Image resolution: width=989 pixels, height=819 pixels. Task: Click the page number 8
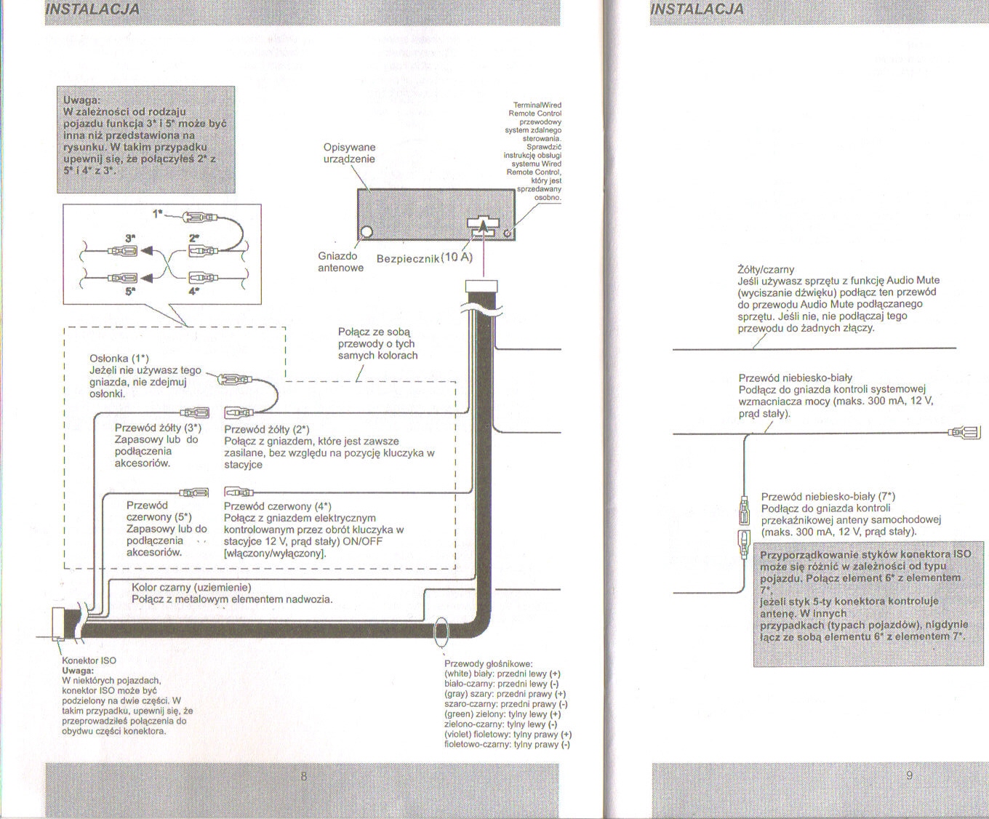(304, 776)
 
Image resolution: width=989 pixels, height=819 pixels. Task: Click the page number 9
(910, 775)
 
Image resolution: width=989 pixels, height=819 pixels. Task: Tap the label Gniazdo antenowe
(340, 262)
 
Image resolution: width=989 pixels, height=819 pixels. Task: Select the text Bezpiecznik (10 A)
(425, 259)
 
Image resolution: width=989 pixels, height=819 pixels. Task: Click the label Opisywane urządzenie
(349, 153)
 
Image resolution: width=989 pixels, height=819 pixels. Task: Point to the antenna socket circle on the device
(367, 232)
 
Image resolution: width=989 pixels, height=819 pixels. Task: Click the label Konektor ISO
(89, 660)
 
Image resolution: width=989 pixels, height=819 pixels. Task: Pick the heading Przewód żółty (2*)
(267, 429)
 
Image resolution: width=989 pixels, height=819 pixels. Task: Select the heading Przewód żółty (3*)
(158, 428)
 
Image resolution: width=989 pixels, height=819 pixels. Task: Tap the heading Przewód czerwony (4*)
(277, 506)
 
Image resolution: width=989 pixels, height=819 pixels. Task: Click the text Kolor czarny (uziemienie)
(191, 587)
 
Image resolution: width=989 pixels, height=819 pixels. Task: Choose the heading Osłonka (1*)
(119, 358)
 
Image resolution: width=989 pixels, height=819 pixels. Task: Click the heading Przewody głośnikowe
(488, 663)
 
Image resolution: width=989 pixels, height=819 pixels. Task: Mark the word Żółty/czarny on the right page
(766, 269)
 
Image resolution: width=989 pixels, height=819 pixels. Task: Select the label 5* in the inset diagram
(129, 291)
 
